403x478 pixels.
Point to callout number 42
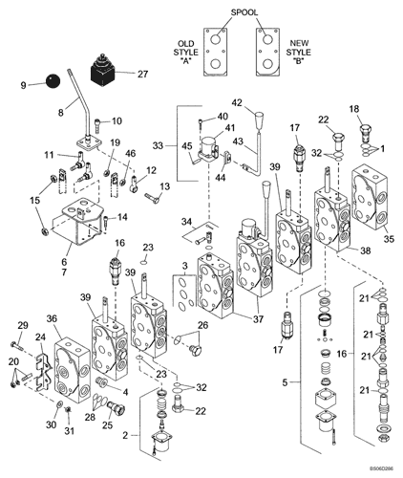238,103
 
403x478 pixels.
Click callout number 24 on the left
40,337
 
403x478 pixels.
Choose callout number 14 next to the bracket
121,219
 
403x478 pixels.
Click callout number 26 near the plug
201,325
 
